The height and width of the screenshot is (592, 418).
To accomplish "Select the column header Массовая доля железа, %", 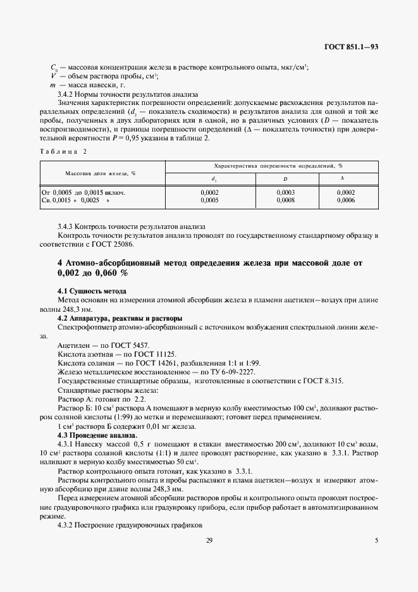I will (x=102, y=173).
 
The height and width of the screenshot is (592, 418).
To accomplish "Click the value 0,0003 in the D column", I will (x=286, y=192).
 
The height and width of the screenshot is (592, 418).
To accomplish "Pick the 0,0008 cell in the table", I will (x=286, y=200).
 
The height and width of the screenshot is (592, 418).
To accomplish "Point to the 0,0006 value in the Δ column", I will (x=346, y=200).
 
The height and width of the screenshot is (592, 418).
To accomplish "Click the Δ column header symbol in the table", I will (x=342, y=179).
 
